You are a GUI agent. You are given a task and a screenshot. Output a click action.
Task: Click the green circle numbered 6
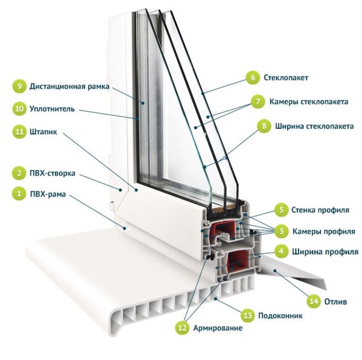[x=253, y=78]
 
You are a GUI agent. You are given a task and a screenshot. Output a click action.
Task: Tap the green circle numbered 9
[x=20, y=86]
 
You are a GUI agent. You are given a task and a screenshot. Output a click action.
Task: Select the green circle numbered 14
[x=314, y=301]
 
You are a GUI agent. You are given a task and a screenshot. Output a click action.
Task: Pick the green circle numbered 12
[x=182, y=328]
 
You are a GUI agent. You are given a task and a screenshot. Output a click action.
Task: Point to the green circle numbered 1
[x=19, y=193]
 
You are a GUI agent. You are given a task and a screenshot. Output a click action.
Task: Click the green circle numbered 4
[x=281, y=251]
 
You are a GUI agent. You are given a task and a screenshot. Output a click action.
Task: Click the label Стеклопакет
[x=286, y=78]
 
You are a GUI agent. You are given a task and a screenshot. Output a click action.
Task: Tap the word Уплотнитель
[x=52, y=109]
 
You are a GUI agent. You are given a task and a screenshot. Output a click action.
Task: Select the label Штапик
[x=43, y=132]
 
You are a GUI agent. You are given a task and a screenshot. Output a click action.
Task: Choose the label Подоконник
[x=281, y=315]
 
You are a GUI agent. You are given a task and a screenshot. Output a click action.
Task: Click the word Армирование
[x=218, y=328]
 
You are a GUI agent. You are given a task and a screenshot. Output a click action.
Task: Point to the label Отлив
[x=336, y=301]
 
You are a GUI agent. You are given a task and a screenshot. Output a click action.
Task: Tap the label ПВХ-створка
[x=53, y=173]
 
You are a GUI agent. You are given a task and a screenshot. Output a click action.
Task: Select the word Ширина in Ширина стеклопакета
[x=289, y=126]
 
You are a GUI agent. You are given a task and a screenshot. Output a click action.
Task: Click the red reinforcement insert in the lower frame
[x=238, y=261]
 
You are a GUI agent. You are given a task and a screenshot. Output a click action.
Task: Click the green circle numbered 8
[x=264, y=126]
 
